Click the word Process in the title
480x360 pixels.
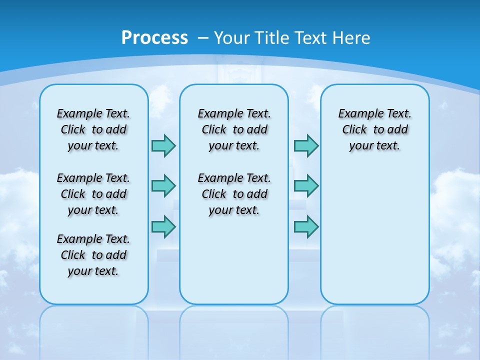154,37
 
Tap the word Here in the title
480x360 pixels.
351,37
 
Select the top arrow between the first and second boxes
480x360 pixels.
164,145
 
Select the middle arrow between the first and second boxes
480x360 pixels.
164,186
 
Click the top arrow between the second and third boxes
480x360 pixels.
306,145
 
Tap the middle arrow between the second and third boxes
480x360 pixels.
306,186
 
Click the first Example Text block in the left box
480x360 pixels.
93,129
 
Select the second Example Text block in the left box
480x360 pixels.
93,194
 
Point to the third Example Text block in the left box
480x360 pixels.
93,255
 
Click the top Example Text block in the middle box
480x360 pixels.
234,129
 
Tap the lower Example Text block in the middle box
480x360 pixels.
234,194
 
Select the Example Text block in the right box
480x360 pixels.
375,129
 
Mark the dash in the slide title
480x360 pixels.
203,38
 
